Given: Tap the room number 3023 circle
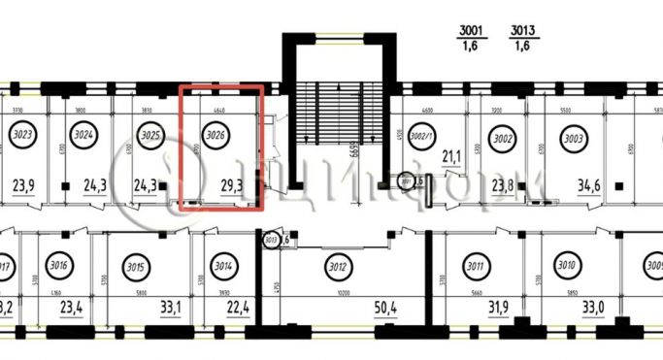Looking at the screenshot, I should click(x=24, y=137).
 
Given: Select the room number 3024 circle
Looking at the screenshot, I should click(x=83, y=137).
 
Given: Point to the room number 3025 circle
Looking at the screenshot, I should click(x=149, y=137).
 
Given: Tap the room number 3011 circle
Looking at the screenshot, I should click(x=503, y=264).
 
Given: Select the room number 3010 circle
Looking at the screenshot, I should click(x=568, y=264).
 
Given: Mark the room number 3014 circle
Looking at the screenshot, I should click(x=224, y=266).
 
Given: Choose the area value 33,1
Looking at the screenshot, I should click(x=171, y=309).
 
